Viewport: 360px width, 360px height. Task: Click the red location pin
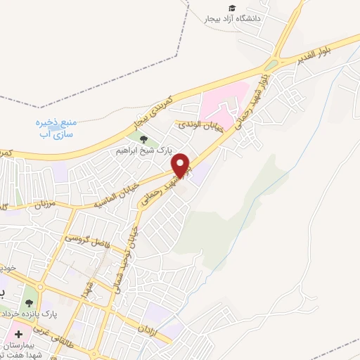click(182, 165)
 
